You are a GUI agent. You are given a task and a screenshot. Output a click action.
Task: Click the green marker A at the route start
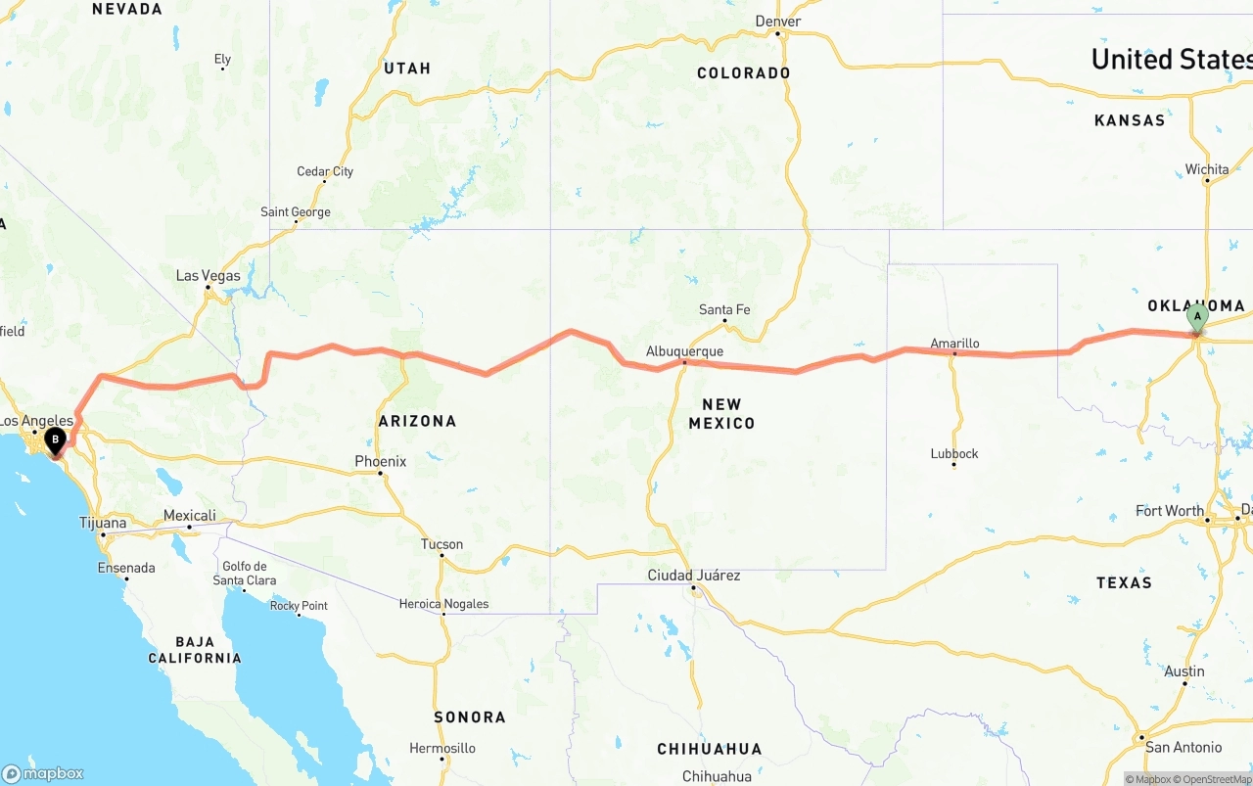pos(1196,318)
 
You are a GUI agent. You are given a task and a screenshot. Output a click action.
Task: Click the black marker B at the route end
pos(56,440)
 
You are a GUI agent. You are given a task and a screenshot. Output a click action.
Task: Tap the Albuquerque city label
pos(684,351)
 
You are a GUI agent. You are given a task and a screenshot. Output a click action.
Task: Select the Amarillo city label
pos(954,344)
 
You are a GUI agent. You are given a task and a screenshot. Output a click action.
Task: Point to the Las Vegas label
pos(208,276)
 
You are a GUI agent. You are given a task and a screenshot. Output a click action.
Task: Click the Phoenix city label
pos(381,461)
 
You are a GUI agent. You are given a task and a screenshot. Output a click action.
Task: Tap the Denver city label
pos(778,22)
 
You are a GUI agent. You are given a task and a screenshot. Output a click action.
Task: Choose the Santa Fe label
pos(724,310)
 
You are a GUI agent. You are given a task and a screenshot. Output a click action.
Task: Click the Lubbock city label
pos(954,454)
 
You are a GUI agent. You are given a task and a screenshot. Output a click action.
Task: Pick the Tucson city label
pos(441,544)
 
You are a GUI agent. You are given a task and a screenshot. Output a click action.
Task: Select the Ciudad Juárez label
pos(694,576)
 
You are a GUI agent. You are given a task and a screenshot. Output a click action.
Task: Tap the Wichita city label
pos(1207,169)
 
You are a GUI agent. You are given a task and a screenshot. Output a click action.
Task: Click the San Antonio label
pos(1183,747)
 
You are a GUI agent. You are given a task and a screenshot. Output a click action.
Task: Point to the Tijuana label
pos(103,523)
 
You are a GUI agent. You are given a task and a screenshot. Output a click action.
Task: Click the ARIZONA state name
pos(417,421)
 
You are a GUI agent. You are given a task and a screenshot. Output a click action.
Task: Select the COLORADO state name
pos(743,73)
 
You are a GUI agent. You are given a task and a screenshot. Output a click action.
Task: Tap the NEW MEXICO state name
pos(721,414)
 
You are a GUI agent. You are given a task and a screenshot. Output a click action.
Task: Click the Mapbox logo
pos(43,773)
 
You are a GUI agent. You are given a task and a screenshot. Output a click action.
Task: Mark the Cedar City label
pos(325,172)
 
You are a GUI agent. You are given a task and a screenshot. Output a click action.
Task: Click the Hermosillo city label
pos(442,748)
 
